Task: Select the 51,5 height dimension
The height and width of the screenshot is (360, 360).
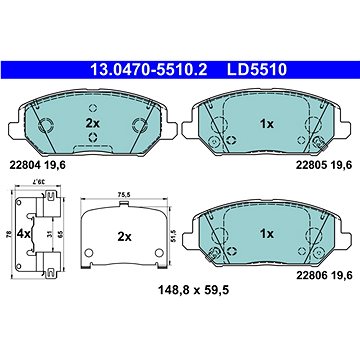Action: tap(174, 237)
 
